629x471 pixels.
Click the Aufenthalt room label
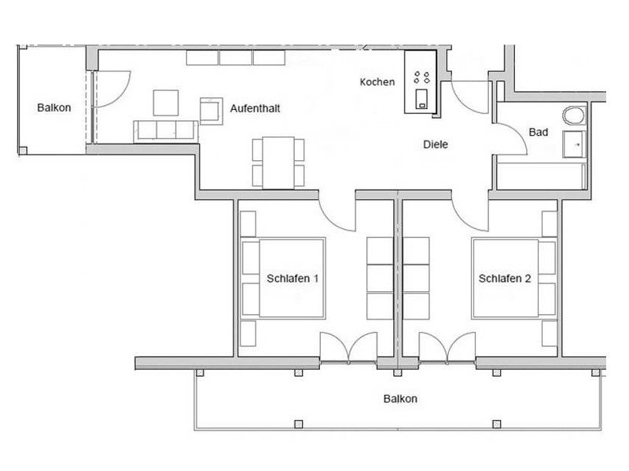[x=255, y=108]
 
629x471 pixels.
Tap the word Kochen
[x=377, y=82]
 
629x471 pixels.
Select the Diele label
[x=436, y=144]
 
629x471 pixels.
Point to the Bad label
[x=539, y=132]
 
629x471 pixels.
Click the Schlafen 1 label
[x=292, y=279]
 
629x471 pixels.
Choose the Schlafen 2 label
[x=505, y=279]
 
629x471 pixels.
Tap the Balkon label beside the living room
[x=54, y=108]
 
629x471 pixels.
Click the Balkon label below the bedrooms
[x=400, y=399]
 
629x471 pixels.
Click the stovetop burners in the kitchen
[x=421, y=77]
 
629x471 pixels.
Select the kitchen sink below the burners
[x=421, y=99]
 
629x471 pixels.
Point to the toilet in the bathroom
[x=574, y=116]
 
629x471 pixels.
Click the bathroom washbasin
[x=574, y=144]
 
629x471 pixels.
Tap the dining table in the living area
[x=278, y=162]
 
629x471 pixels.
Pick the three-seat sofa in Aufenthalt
[x=166, y=131]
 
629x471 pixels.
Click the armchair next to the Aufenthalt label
[x=212, y=111]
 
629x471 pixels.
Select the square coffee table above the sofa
[x=166, y=103]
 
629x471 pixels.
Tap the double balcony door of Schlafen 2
[x=447, y=348]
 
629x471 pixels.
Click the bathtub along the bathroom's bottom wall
[x=542, y=176]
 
